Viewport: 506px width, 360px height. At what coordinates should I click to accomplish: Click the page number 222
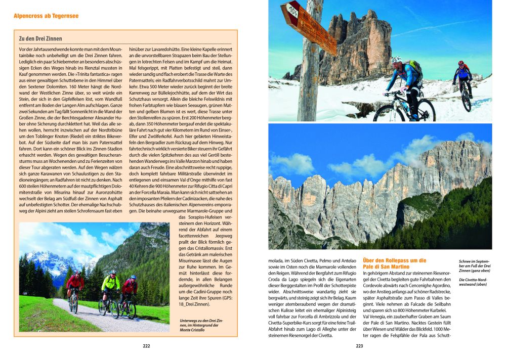point(146,346)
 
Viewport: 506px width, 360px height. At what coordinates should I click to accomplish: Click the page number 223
point(359,346)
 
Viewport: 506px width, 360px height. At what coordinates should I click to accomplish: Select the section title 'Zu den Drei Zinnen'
point(40,38)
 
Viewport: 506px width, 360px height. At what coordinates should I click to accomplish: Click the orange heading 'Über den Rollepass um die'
point(395,260)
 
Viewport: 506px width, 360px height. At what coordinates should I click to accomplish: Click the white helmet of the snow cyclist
point(396,60)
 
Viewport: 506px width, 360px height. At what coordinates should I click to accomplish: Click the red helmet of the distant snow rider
point(461,63)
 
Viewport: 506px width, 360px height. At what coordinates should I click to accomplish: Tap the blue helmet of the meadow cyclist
point(133,277)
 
